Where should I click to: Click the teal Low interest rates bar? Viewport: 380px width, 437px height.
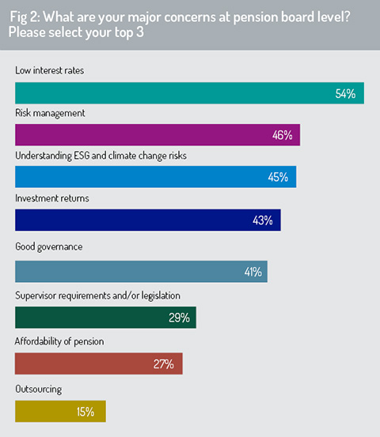click(x=189, y=93)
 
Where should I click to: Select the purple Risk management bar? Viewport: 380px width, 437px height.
click(x=158, y=135)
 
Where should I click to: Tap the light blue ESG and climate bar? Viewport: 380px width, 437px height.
click(x=156, y=177)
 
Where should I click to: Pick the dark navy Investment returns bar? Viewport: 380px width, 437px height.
click(x=148, y=220)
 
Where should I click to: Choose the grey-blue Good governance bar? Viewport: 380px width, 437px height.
click(x=141, y=272)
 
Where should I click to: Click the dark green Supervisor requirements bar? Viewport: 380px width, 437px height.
click(x=105, y=318)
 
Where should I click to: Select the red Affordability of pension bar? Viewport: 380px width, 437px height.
click(x=99, y=364)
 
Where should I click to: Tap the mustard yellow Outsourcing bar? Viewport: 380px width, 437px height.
click(x=61, y=412)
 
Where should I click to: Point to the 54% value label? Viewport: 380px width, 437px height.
click(x=345, y=93)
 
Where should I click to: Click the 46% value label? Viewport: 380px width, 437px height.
click(x=283, y=135)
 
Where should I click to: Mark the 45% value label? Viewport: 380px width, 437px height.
click(x=278, y=177)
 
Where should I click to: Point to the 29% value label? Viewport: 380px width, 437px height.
click(x=179, y=318)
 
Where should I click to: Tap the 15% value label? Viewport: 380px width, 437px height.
click(x=85, y=412)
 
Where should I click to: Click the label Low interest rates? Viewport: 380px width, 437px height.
click(x=49, y=70)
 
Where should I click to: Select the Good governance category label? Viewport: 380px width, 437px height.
click(x=49, y=247)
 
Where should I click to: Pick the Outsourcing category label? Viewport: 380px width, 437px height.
click(x=39, y=390)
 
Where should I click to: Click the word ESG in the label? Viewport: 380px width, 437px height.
click(x=82, y=156)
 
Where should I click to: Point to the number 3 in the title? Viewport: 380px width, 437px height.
click(x=140, y=32)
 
